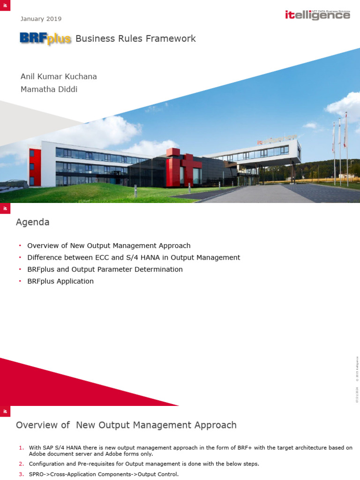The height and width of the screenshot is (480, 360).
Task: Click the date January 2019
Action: (x=41, y=19)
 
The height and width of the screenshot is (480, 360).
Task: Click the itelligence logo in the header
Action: (x=317, y=15)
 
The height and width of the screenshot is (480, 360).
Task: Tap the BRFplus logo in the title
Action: (x=45, y=38)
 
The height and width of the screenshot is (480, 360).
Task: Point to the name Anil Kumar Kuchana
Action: (x=59, y=76)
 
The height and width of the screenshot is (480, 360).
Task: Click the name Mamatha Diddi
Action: (x=49, y=89)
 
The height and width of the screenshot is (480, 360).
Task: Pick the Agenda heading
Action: (x=33, y=222)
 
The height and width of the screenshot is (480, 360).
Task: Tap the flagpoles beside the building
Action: (x=339, y=145)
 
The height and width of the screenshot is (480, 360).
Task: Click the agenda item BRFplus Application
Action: (x=60, y=281)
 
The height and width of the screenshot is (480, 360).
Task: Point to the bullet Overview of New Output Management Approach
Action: (x=109, y=246)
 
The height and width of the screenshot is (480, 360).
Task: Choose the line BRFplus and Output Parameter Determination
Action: (x=105, y=270)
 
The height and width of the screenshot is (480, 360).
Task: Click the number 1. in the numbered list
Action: (x=22, y=448)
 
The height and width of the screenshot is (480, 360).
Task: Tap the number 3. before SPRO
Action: (x=22, y=474)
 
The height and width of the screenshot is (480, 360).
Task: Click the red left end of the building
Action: (x=32, y=167)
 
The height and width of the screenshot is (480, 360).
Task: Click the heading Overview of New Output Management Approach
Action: (x=126, y=425)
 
